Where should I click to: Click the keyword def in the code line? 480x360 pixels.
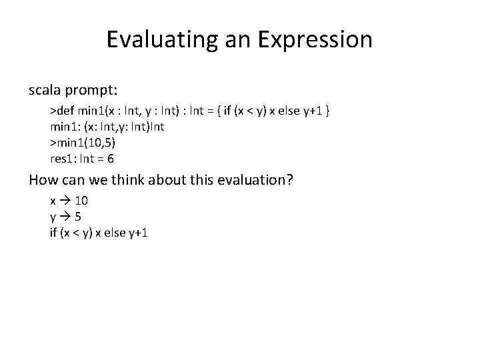[x=63, y=109]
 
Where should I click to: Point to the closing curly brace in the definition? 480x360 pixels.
[x=329, y=109]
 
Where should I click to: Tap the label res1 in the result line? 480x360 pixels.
[x=63, y=159]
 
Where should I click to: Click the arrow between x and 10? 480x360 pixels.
[x=65, y=200]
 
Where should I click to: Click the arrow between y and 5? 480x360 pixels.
[x=64, y=217]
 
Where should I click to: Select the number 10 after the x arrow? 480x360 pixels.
[x=81, y=200]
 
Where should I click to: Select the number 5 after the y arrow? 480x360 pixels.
[x=78, y=217]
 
